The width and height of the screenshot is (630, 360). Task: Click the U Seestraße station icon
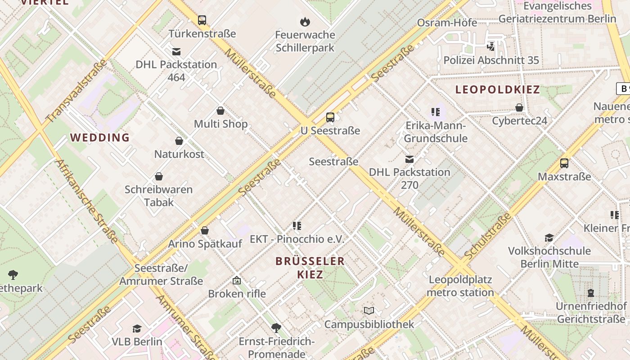pyautogui.click(x=330, y=117)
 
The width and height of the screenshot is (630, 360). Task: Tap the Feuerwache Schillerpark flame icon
pyautogui.click(x=305, y=22)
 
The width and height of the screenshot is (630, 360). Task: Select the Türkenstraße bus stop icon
pyautogui.click(x=202, y=20)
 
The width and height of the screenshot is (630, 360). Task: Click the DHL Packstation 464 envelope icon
pyautogui.click(x=176, y=51)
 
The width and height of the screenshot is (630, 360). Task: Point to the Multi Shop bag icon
pyautogui.click(x=220, y=111)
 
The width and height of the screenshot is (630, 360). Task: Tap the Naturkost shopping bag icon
pyautogui.click(x=179, y=141)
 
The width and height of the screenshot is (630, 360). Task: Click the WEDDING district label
pyautogui.click(x=100, y=138)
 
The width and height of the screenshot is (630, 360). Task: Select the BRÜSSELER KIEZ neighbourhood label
pyautogui.click(x=310, y=267)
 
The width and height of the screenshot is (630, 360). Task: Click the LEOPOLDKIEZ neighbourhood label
pyautogui.click(x=497, y=90)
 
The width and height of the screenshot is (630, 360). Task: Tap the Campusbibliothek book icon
pyautogui.click(x=369, y=311)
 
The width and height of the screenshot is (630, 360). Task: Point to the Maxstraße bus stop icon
pyautogui.click(x=564, y=163)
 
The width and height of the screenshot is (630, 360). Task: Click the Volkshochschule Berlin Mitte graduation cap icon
pyautogui.click(x=549, y=238)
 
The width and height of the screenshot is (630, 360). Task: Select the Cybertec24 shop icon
pyautogui.click(x=519, y=108)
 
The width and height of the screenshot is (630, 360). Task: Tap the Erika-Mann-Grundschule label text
pyautogui.click(x=436, y=132)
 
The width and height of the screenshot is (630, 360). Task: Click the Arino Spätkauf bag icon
pyautogui.click(x=205, y=231)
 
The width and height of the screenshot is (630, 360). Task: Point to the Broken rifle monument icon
pyautogui.click(x=237, y=281)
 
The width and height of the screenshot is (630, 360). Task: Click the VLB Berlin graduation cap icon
pyautogui.click(x=137, y=329)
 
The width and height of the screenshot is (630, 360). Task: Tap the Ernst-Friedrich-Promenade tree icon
pyautogui.click(x=276, y=328)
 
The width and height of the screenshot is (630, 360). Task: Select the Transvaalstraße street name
pyautogui.click(x=76, y=91)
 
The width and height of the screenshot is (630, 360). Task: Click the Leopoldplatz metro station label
pyautogui.click(x=460, y=286)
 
